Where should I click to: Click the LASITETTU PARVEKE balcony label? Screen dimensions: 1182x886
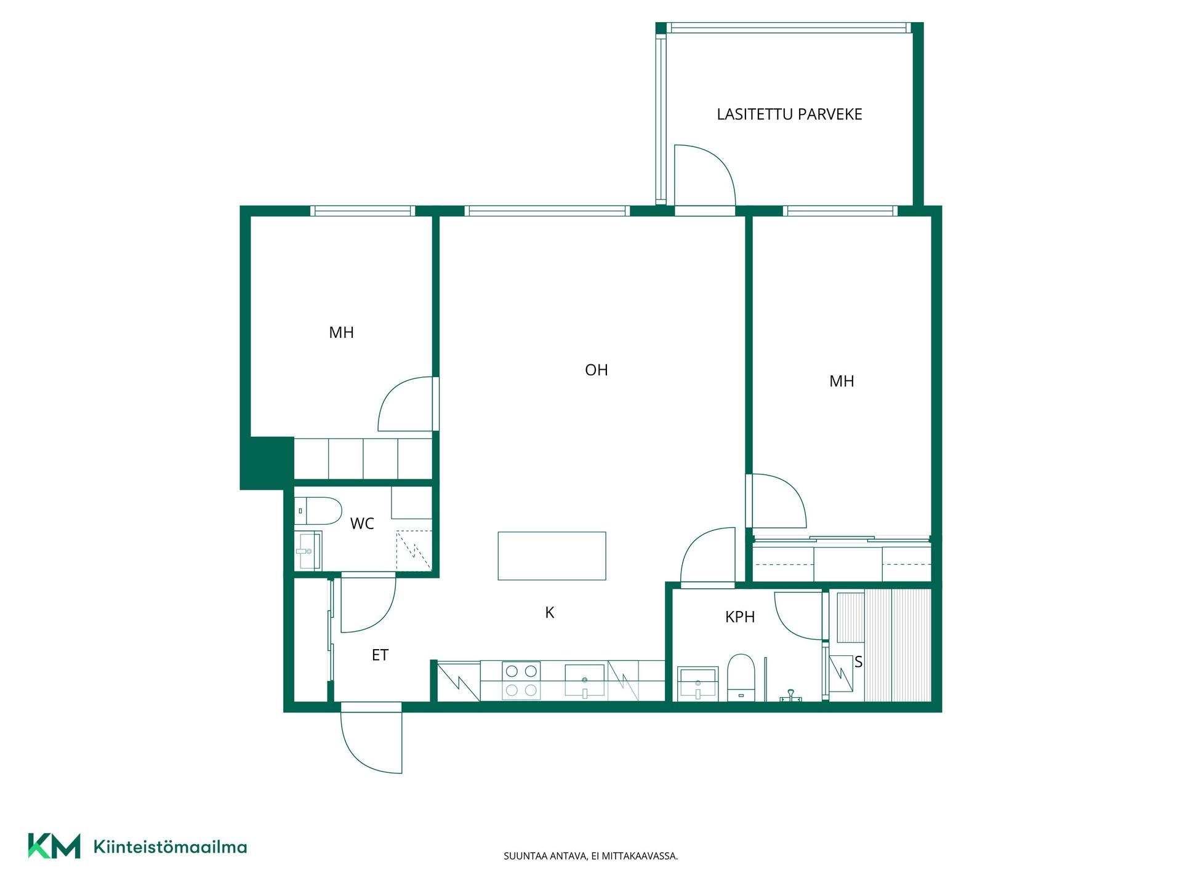[x=789, y=114]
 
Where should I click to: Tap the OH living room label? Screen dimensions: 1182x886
[x=596, y=370]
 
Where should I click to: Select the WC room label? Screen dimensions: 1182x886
[x=362, y=524]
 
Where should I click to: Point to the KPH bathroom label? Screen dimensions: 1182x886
[x=740, y=617]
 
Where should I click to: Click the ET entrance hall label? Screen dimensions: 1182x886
[x=380, y=655]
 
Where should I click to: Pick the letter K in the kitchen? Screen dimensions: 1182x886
[x=550, y=612]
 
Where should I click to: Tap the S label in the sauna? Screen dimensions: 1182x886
[x=858, y=662]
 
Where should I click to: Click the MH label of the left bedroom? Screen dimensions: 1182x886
[x=341, y=333]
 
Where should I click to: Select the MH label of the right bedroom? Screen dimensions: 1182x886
[x=842, y=381]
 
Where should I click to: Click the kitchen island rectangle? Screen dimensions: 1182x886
[x=552, y=556]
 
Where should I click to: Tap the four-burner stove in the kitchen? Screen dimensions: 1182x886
[x=521, y=680]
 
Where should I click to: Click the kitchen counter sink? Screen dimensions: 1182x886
[x=584, y=681]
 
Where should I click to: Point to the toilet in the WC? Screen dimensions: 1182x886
[x=318, y=511]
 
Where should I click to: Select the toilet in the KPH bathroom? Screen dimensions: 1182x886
[x=741, y=677]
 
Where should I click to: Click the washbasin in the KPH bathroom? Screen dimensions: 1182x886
[x=698, y=684]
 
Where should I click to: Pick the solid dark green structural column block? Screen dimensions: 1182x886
[x=267, y=463]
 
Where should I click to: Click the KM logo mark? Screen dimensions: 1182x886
[x=54, y=846]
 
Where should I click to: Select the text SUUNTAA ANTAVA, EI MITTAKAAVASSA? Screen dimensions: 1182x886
[x=590, y=856]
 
